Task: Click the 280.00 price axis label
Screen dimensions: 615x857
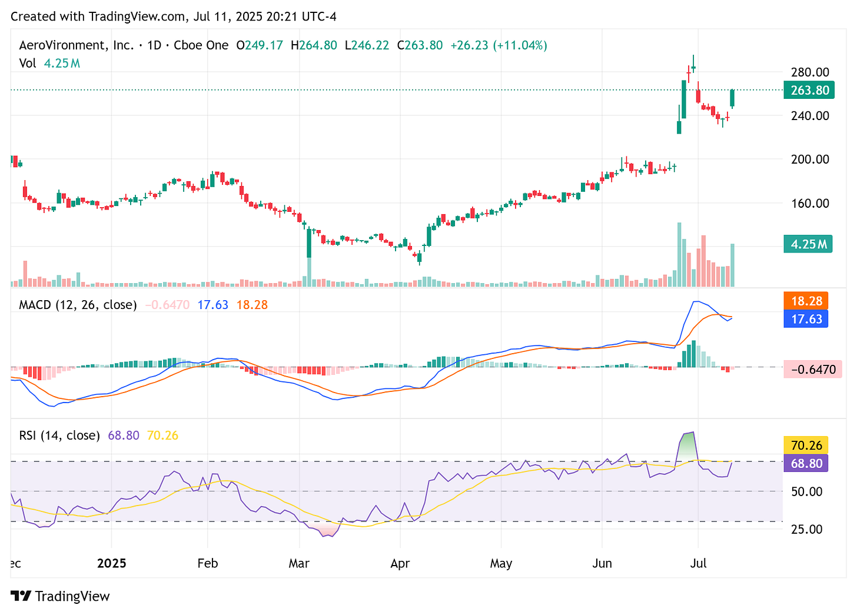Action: point(810,72)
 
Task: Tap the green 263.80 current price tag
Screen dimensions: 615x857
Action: point(809,90)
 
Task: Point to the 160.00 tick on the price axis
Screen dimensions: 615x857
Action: point(810,203)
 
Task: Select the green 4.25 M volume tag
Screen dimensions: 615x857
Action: point(808,244)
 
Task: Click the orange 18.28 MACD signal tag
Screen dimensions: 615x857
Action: point(806,301)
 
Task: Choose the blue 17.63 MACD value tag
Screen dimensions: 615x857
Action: point(806,319)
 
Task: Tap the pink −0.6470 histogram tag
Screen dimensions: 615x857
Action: point(813,370)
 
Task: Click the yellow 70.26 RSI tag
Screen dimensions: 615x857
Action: point(806,446)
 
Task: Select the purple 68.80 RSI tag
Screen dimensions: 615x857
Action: point(806,463)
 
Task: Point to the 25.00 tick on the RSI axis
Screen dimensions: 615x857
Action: point(807,529)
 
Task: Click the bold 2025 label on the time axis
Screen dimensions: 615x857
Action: point(112,563)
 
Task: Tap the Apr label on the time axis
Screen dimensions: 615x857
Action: point(400,563)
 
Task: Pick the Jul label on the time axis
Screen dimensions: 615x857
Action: point(698,563)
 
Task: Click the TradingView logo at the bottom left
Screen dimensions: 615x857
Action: point(61,596)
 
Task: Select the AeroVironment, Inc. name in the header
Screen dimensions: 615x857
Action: point(77,45)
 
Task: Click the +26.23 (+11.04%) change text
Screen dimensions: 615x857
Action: point(499,45)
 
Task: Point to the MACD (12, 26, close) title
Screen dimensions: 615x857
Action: point(78,305)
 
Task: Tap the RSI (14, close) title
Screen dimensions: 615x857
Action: point(59,436)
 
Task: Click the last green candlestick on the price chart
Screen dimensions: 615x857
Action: point(733,98)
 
